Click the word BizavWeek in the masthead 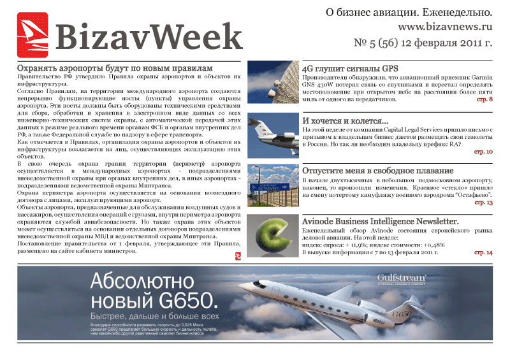149,37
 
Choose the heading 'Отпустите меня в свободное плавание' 377,171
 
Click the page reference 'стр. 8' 484,100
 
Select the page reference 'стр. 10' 483,152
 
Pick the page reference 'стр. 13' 483,202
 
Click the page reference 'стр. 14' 483,252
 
